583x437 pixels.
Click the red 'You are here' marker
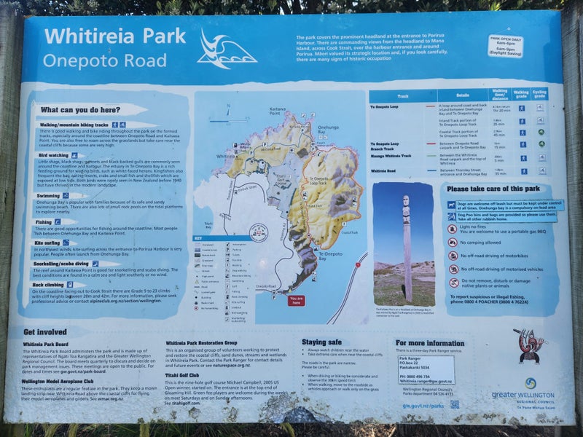click(295, 299)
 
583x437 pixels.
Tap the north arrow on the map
click(228, 111)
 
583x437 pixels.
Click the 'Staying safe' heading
click(321, 341)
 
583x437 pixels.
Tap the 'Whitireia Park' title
click(114, 36)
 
